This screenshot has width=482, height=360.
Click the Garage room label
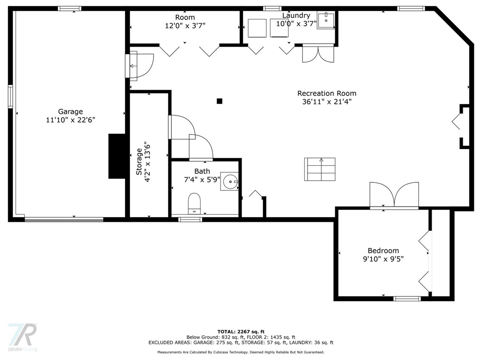coord(70,112)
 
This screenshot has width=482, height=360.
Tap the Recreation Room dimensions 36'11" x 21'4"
coord(327,102)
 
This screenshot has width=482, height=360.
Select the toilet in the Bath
coord(194,203)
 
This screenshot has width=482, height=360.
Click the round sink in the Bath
coord(229,181)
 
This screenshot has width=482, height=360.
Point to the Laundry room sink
coord(326,20)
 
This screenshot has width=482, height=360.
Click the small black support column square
coord(220,101)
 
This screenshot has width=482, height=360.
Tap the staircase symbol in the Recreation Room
coord(320,169)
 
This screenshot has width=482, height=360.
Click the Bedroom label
coord(383,251)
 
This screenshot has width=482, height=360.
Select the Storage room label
coord(139,161)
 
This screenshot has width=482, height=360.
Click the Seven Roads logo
coord(22,337)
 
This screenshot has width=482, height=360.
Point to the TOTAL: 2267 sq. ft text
coord(241,332)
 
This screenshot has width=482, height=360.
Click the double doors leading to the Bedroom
coord(394,196)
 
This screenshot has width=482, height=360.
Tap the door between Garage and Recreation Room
coord(139,66)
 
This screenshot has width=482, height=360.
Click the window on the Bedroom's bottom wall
coord(407,298)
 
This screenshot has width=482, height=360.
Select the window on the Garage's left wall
coord(10,96)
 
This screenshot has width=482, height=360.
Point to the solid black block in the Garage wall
coord(117,156)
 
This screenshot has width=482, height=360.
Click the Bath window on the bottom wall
coord(190,219)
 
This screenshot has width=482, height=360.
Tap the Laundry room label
coord(296,15)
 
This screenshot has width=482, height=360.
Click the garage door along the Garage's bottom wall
coord(64,219)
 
